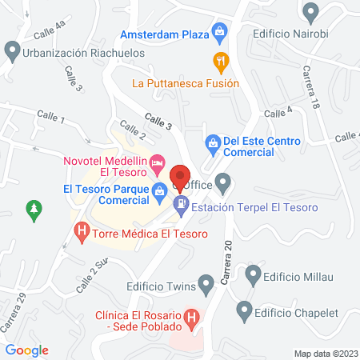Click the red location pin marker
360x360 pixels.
pyautogui.click(x=180, y=177)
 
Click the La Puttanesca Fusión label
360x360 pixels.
pyautogui.click(x=186, y=83)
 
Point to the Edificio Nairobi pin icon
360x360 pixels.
pyautogui.click(x=310, y=12)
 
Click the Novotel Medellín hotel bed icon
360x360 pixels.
pyautogui.click(x=158, y=166)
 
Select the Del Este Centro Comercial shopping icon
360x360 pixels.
pyautogui.click(x=213, y=142)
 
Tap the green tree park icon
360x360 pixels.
pyautogui.click(x=34, y=210)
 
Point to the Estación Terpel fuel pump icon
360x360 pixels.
pyautogui.click(x=182, y=206)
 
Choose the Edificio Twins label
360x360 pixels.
pyautogui.click(x=161, y=283)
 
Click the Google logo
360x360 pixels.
pyautogui.click(x=27, y=350)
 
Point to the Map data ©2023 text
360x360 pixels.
pyautogui.click(x=326, y=353)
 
